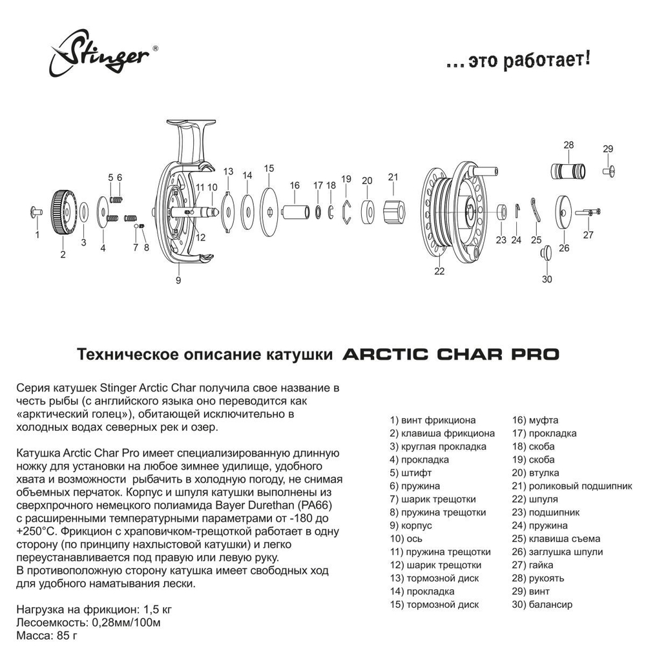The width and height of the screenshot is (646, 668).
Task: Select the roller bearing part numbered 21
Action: click(393, 211)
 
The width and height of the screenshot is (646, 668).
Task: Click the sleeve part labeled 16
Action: click(295, 211)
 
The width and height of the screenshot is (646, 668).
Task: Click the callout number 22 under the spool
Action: click(439, 271)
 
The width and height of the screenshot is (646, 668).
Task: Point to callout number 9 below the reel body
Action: click(178, 280)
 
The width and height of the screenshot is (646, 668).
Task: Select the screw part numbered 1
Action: click(37, 211)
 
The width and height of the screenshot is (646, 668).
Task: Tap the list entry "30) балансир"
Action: click(542, 605)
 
